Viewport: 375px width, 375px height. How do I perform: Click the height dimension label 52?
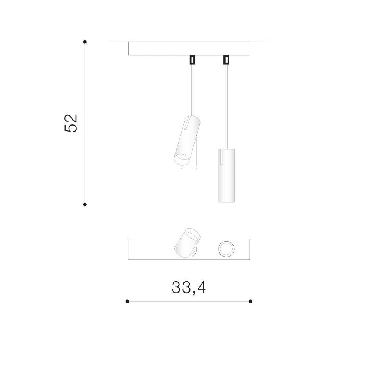click(71, 123)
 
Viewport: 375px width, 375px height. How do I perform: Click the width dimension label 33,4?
click(189, 288)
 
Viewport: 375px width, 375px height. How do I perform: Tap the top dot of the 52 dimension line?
click(85, 42)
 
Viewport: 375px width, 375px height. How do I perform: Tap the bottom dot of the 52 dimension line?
click(85, 204)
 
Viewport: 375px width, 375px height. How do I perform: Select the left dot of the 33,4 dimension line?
click(127, 301)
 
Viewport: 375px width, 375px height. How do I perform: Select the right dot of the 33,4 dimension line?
click(250, 301)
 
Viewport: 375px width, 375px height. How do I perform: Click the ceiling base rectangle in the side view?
click(189, 48)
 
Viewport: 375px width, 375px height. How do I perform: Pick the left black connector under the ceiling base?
click(192, 60)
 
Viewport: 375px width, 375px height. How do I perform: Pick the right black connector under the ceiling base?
click(226, 60)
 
